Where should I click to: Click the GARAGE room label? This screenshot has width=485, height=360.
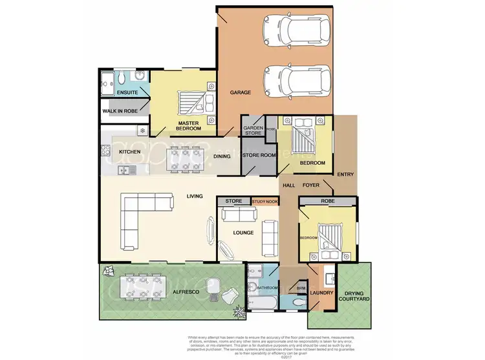[x=240, y=92]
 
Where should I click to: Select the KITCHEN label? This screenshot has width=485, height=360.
[x=131, y=152]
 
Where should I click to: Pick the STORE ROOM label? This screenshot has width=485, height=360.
[x=259, y=155]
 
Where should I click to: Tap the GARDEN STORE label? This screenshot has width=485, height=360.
[x=252, y=130]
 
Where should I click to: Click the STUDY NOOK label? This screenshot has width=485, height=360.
[x=264, y=202]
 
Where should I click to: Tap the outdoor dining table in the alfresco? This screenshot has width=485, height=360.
[x=138, y=286]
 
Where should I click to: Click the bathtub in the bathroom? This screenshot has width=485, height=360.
[x=262, y=302]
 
